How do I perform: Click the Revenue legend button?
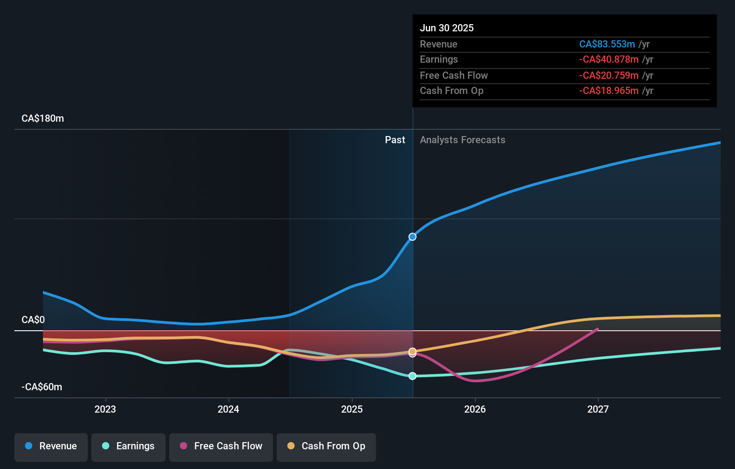tap(51, 447)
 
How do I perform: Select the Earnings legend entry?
tap(128, 447)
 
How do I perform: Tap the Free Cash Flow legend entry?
tap(221, 447)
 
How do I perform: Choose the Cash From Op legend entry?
tap(326, 447)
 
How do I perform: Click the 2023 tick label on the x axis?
tap(105, 409)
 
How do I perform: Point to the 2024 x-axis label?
tap(228, 409)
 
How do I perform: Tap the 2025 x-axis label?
tap(352, 409)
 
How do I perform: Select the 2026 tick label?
tap(475, 409)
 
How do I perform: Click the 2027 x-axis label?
tap(598, 409)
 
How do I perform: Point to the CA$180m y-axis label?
tap(43, 119)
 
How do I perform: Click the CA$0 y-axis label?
tap(33, 320)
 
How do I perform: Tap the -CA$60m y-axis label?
tap(42, 387)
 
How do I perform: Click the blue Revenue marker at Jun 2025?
tap(413, 237)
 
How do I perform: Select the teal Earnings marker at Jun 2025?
tap(413, 376)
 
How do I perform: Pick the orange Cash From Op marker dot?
tap(413, 351)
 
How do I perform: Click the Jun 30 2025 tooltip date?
tap(447, 28)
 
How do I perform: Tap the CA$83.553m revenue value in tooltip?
tap(607, 44)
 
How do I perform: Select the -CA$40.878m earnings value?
tap(609, 60)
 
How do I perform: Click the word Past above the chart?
tap(395, 140)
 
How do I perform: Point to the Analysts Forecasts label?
tap(462, 140)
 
